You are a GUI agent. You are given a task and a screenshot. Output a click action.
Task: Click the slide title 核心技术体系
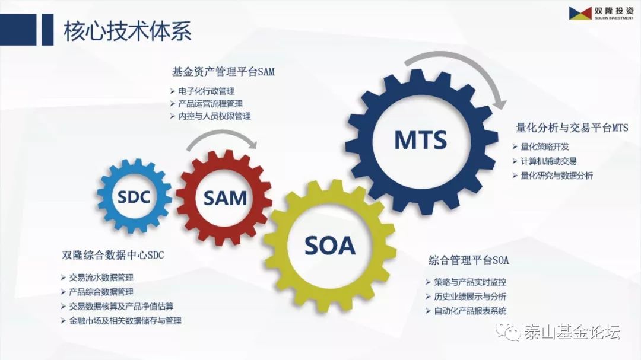[x=128, y=31]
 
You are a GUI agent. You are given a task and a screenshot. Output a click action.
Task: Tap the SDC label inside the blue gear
[x=134, y=197]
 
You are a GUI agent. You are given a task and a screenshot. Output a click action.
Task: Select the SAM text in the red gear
[x=226, y=198]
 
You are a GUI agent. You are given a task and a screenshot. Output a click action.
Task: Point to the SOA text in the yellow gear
[x=330, y=246]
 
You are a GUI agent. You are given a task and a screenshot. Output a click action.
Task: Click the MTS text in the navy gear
[x=421, y=140]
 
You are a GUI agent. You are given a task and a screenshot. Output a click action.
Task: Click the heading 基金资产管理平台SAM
[x=224, y=72]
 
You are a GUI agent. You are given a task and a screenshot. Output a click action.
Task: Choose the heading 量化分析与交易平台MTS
[x=572, y=128]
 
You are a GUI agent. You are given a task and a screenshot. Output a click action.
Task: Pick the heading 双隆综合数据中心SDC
[x=113, y=256]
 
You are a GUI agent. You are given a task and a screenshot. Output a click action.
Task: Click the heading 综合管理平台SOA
[x=469, y=260]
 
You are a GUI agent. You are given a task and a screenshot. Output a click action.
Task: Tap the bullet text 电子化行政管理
[x=206, y=91]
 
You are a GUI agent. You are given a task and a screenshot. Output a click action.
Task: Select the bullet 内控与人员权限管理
[x=214, y=116]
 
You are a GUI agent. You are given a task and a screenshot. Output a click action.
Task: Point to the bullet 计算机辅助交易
[x=548, y=161]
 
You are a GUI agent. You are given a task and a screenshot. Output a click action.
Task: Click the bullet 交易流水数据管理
[x=101, y=278]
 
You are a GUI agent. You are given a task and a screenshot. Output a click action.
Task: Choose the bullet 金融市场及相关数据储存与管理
[x=125, y=321]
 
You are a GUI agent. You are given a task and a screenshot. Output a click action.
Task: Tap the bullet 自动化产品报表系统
[x=470, y=311]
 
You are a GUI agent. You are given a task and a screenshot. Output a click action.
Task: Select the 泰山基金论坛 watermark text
[x=572, y=332]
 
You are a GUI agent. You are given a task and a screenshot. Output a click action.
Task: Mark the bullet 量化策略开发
[x=544, y=146]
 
